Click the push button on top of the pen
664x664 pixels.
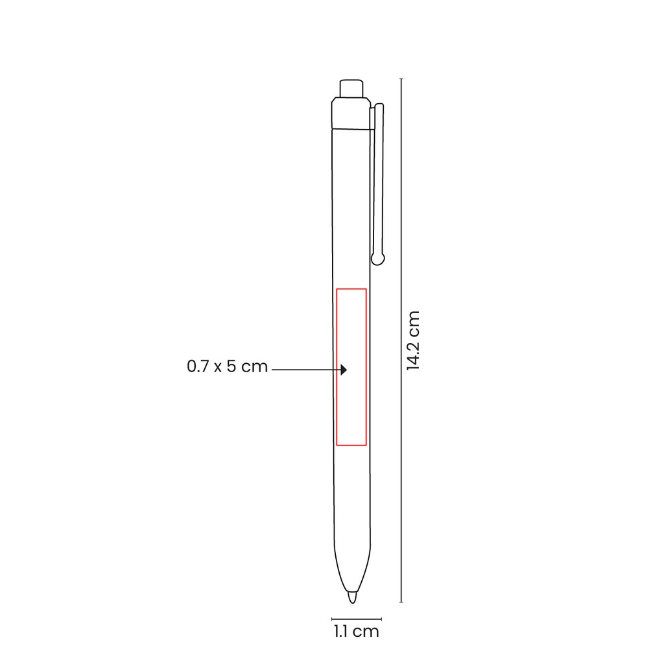[x=351, y=88]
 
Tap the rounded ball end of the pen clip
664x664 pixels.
[x=378, y=259]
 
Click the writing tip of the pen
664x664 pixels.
[x=352, y=597]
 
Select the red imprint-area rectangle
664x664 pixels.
[x=337, y=367]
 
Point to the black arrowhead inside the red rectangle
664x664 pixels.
[x=344, y=370]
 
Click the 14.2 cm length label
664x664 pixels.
[x=413, y=340]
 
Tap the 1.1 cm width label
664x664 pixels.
[x=356, y=632]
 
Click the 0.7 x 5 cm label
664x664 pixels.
[x=228, y=366]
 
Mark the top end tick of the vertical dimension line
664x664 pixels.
[x=401, y=78]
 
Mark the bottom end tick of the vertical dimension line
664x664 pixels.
[x=401, y=602]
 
